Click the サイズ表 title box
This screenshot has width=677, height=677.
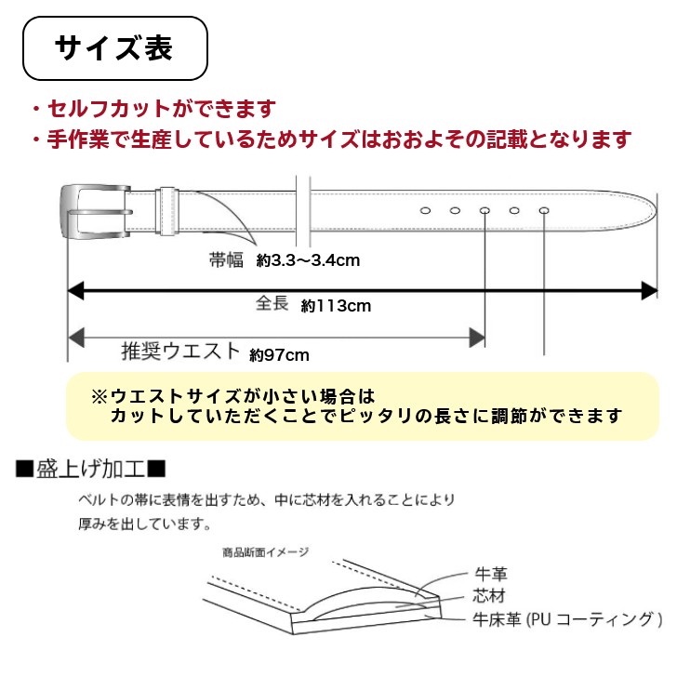click(113, 48)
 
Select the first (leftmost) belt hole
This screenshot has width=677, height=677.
click(425, 211)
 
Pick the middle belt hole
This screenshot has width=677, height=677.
click(485, 211)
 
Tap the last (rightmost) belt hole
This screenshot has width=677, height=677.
click(543, 211)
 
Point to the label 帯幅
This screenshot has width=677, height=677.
click(225, 260)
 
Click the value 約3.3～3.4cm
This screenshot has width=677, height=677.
click(308, 261)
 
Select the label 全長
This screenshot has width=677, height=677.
click(272, 304)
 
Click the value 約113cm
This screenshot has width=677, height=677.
click(337, 306)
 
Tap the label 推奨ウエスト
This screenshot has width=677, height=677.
click(180, 352)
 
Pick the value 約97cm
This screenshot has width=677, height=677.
click(279, 354)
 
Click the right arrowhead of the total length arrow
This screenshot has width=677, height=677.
click(650, 290)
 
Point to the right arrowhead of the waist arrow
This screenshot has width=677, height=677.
click(478, 337)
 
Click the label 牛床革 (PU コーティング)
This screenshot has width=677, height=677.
click(566, 618)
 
